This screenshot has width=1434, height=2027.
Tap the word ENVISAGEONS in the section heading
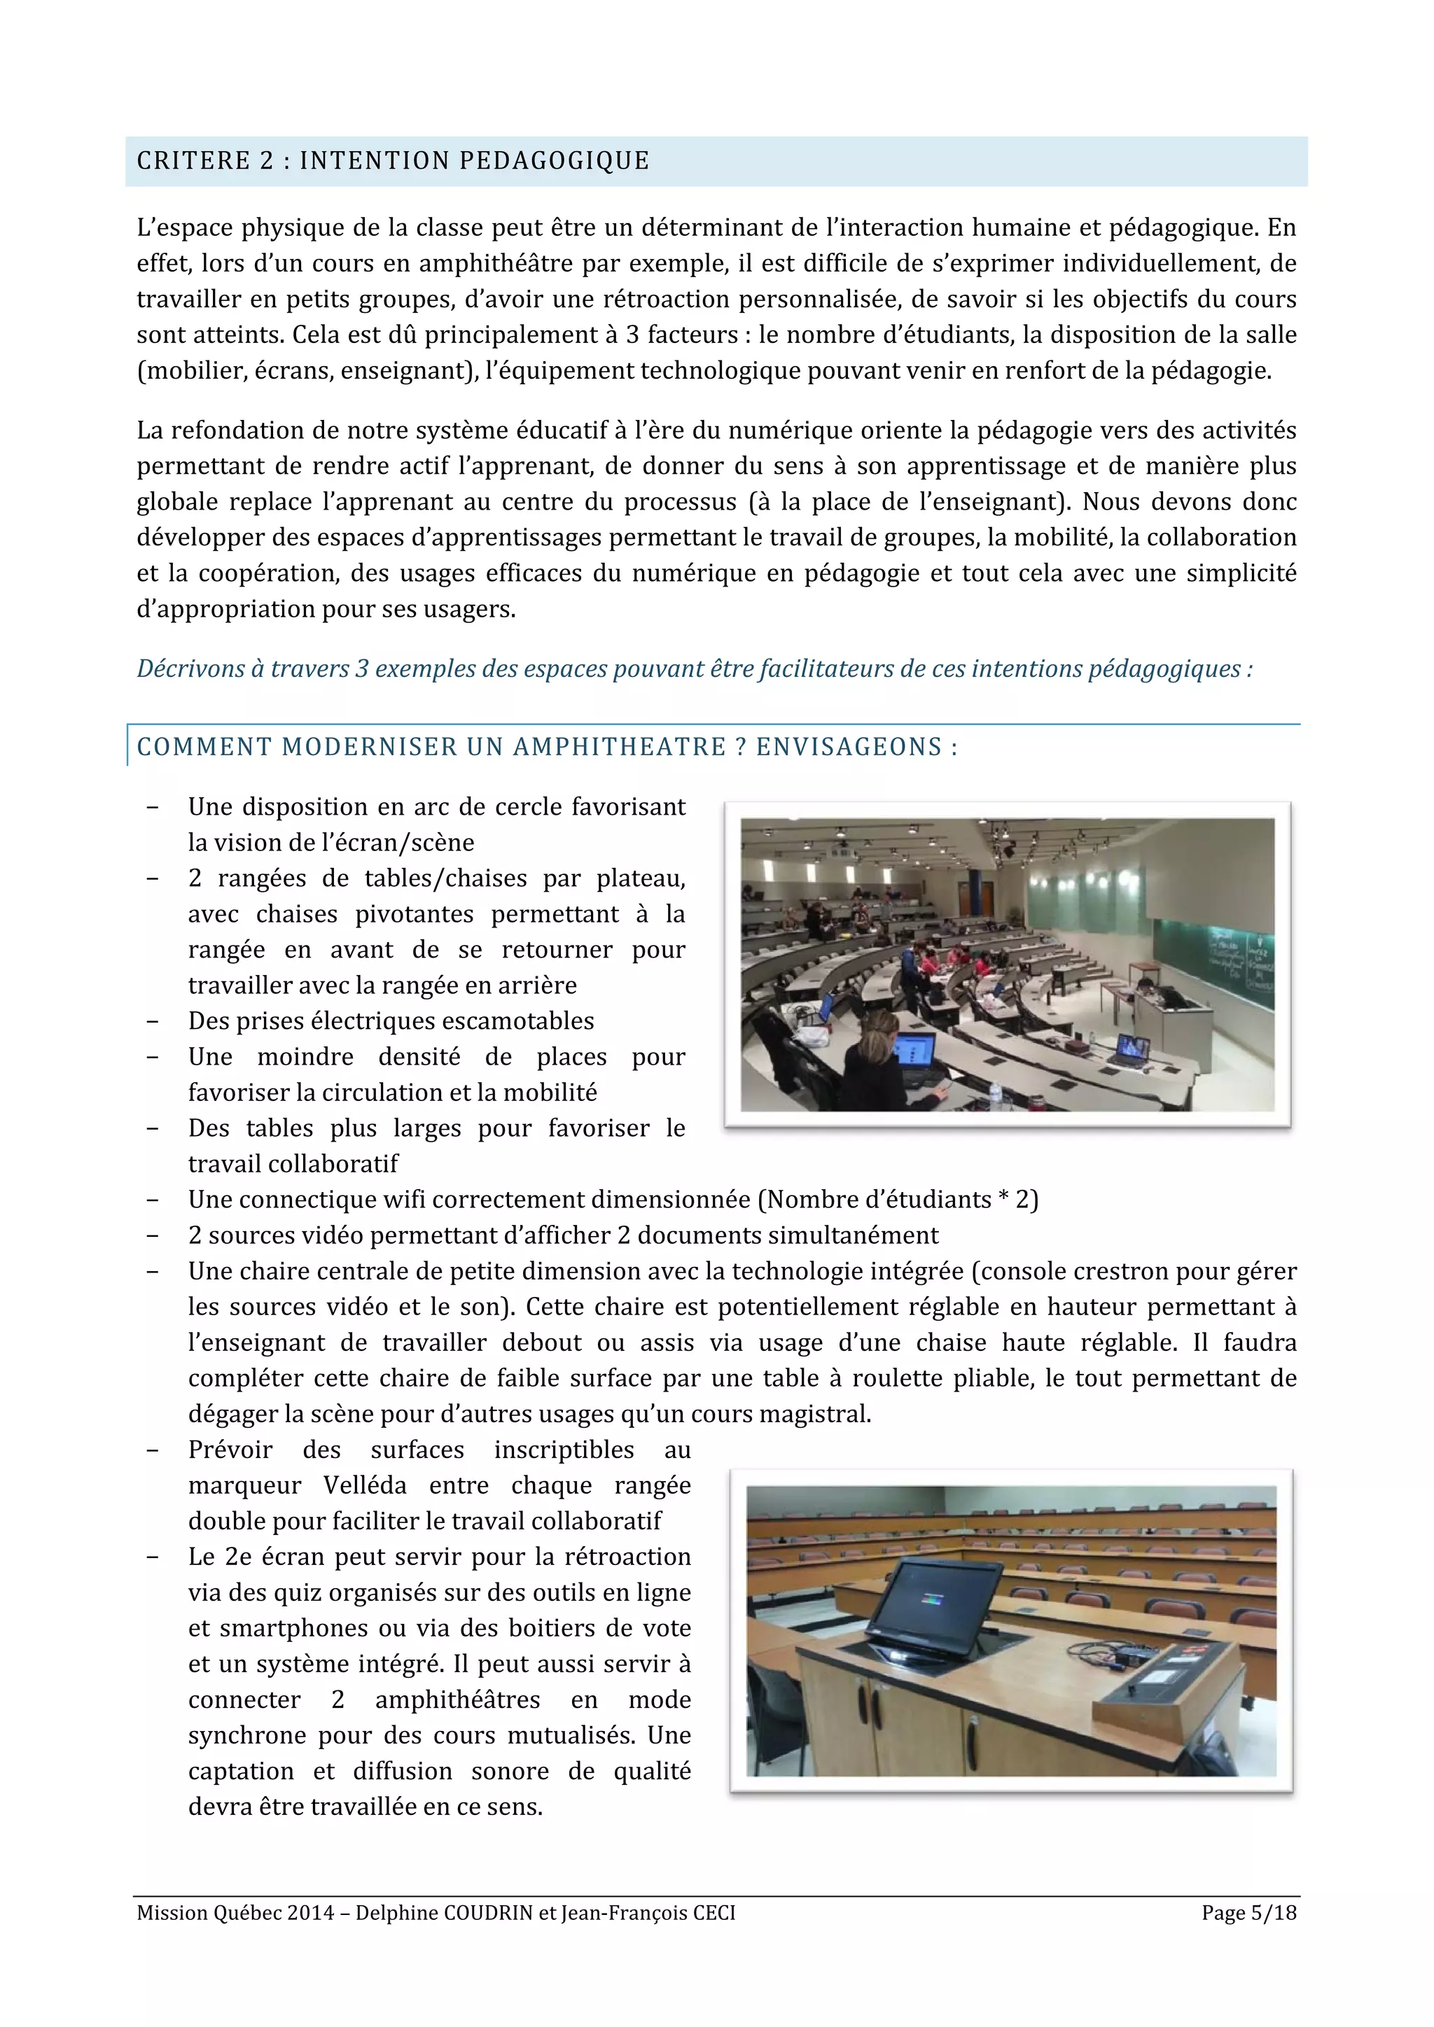tap(849, 747)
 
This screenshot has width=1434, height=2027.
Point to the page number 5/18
tap(1273, 1912)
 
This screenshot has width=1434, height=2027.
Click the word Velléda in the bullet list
tap(364, 1485)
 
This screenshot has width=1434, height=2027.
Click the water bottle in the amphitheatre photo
tap(997, 1095)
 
